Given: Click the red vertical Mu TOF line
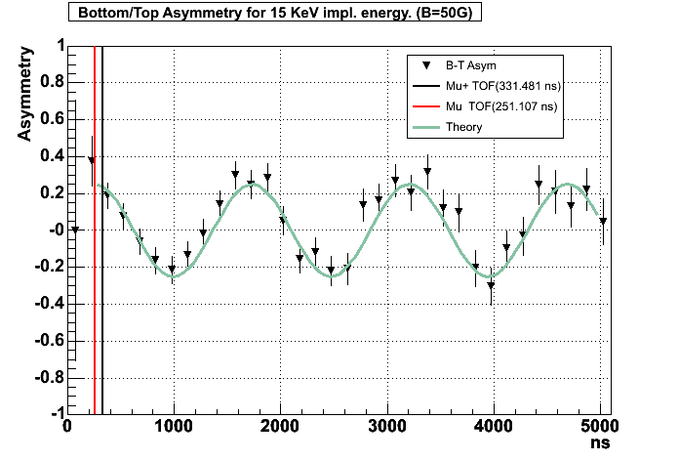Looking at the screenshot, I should tap(94, 293).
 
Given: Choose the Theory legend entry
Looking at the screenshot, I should tap(463, 127).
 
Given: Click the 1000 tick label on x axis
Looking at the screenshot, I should tap(174, 426).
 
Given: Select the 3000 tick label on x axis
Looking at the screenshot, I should tap(387, 426).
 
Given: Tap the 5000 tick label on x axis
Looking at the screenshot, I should tap(601, 426).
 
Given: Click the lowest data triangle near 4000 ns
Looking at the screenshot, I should tap(492, 285).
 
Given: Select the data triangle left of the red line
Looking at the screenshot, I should tap(92, 161).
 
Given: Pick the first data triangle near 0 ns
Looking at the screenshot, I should tap(75, 230).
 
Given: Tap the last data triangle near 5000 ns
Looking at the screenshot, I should tap(603, 221).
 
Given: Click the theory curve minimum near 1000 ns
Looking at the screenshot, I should tap(174, 276).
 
